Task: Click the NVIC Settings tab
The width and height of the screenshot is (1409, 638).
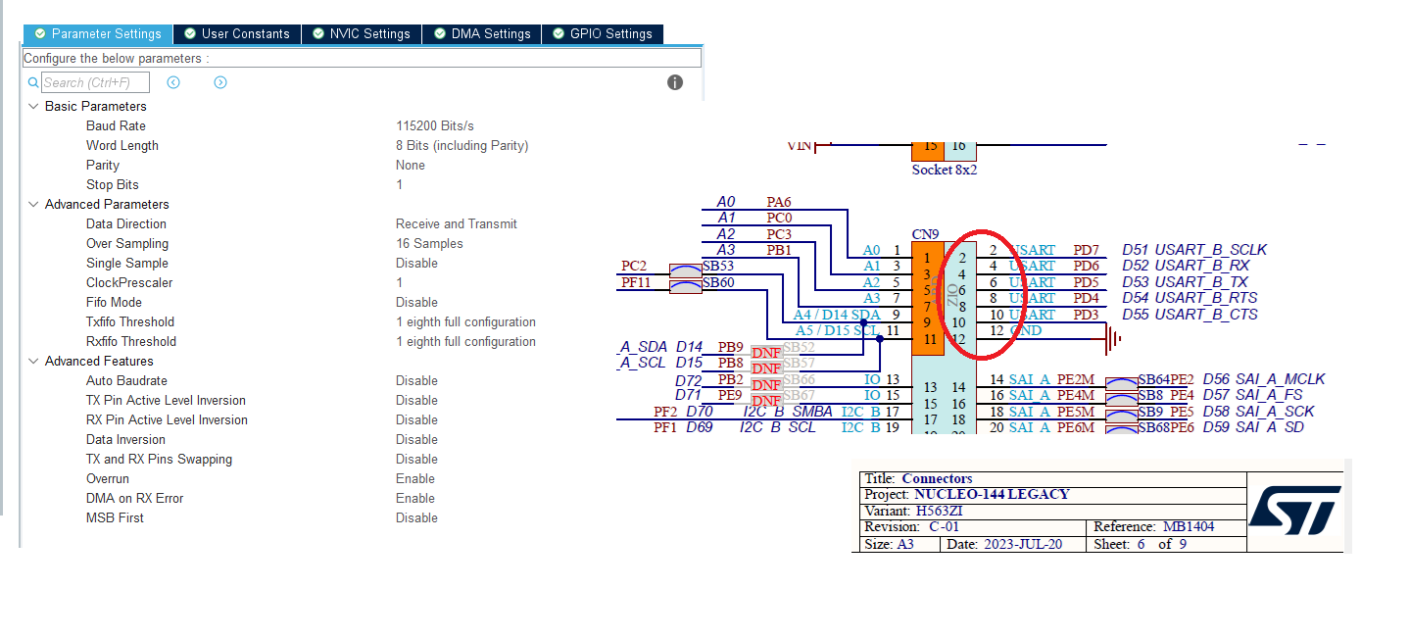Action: [x=362, y=34]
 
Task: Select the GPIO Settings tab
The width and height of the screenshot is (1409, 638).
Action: [x=602, y=34]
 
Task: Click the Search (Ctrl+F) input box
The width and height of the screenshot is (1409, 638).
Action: [x=94, y=83]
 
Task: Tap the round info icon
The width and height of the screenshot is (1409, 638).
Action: [x=675, y=82]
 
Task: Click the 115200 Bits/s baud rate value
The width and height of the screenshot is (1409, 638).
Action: [x=435, y=126]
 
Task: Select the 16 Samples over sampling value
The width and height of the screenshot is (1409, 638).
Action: [x=429, y=244]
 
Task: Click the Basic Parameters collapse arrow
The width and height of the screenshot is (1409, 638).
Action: [x=33, y=106]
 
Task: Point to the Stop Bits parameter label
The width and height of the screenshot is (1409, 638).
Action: [x=113, y=185]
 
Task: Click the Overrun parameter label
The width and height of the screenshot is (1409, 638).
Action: [x=108, y=479]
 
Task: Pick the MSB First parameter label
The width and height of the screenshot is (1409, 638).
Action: [x=115, y=518]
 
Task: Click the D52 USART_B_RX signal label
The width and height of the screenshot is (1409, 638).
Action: [x=1186, y=266]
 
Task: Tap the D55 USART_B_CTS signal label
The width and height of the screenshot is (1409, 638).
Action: [x=1190, y=315]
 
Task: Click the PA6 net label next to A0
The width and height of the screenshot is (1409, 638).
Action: [x=779, y=202]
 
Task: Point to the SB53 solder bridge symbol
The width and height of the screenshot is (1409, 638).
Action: [x=684, y=268]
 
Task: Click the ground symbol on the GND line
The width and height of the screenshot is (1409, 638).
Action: [x=1112, y=339]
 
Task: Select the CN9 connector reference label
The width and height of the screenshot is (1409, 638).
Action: [x=926, y=234]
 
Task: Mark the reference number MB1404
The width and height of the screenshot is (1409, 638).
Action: [x=1189, y=527]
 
